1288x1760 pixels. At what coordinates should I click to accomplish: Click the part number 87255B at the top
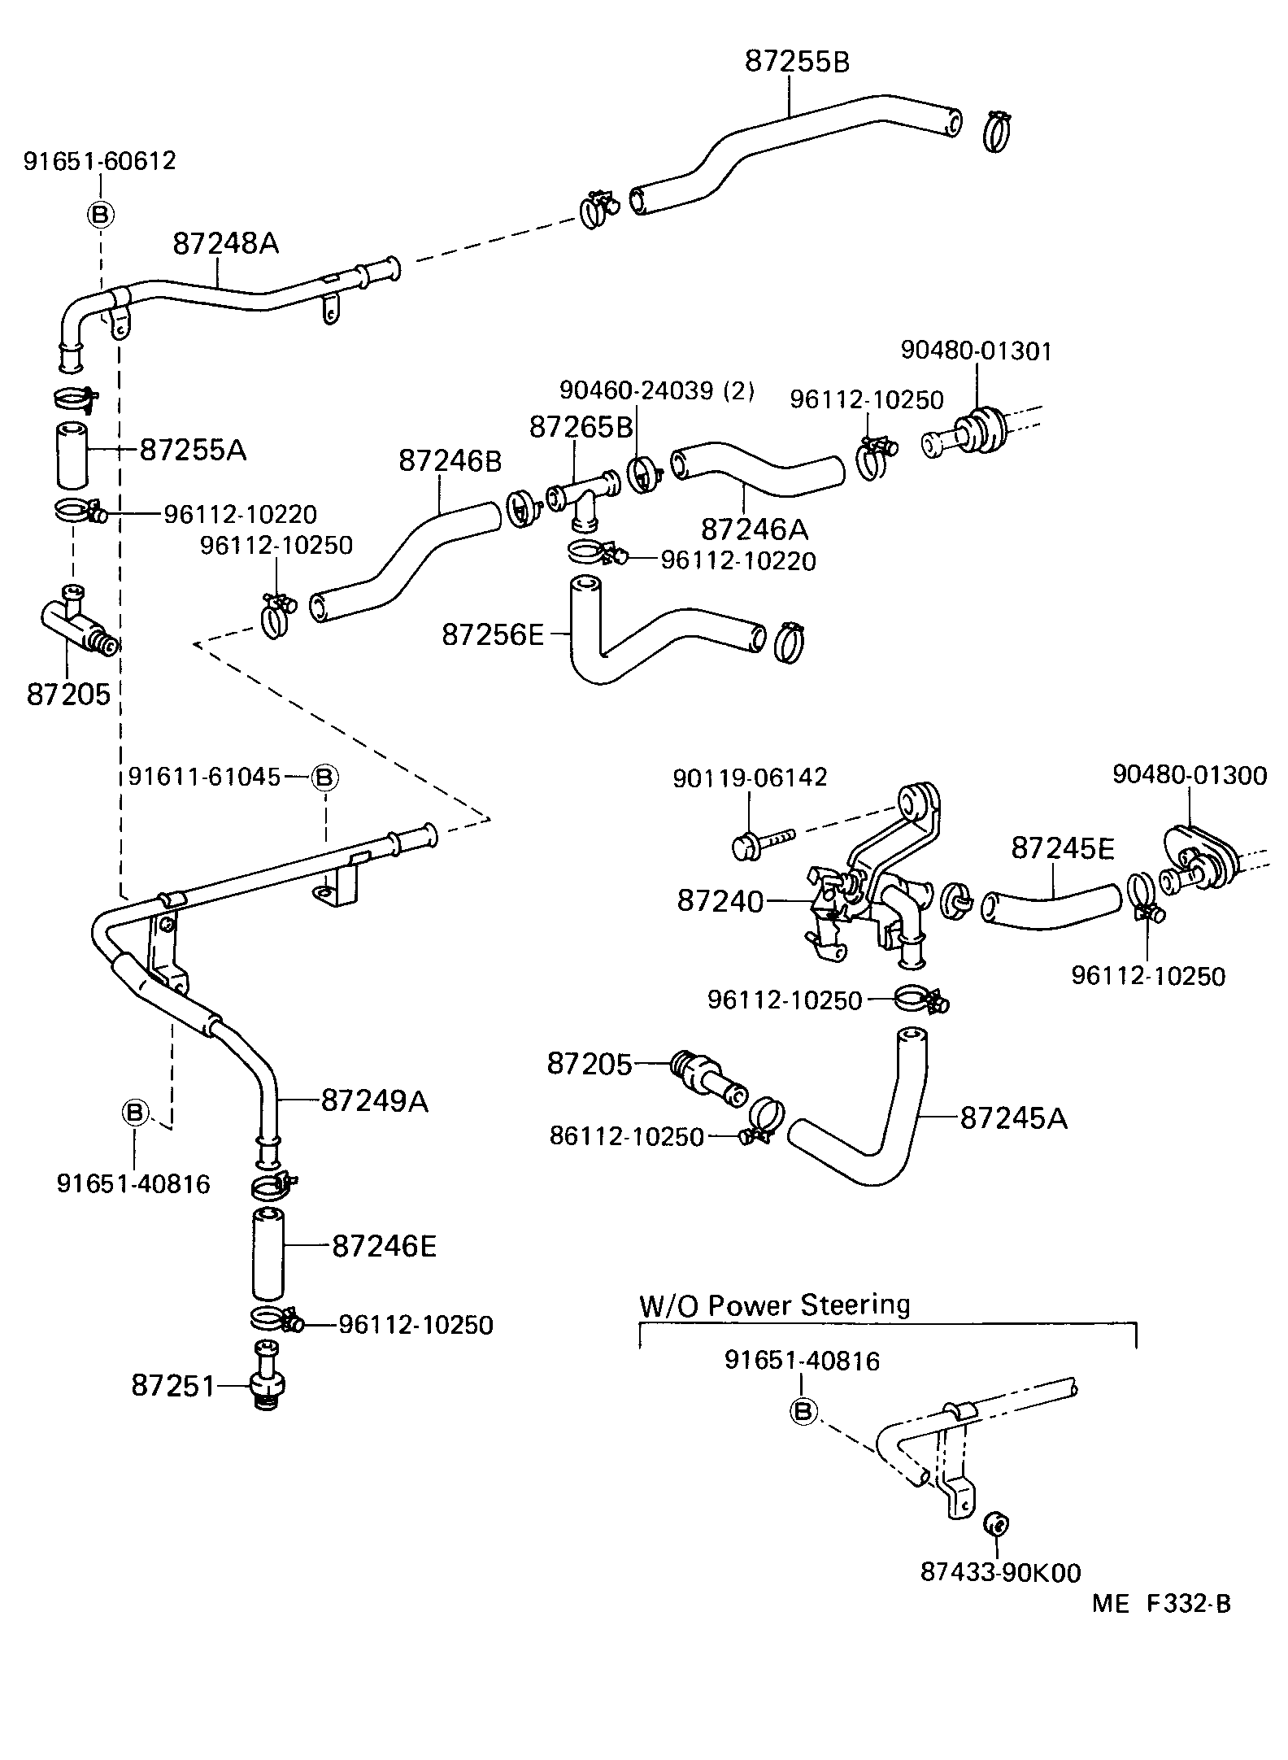coord(797,62)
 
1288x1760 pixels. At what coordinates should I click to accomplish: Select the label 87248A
coord(225,242)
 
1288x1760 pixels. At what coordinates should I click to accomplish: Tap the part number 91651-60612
coord(99,161)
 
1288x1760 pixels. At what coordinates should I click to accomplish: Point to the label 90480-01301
coord(976,351)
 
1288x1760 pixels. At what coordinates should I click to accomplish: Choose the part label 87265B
coord(581,427)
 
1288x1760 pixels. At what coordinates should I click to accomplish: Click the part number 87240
coord(720,901)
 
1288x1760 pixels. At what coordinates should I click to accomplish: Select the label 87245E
coord(1063,848)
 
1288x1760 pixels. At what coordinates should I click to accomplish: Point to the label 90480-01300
coord(1189,775)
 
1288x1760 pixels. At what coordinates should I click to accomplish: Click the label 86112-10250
coord(626,1136)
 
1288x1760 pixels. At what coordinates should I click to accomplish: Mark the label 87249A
coord(374,1100)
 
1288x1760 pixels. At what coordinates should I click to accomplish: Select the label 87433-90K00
coord(1000,1572)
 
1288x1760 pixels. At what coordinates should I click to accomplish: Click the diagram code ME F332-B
coord(1161,1603)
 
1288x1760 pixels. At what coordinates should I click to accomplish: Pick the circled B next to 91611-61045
coord(324,777)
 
